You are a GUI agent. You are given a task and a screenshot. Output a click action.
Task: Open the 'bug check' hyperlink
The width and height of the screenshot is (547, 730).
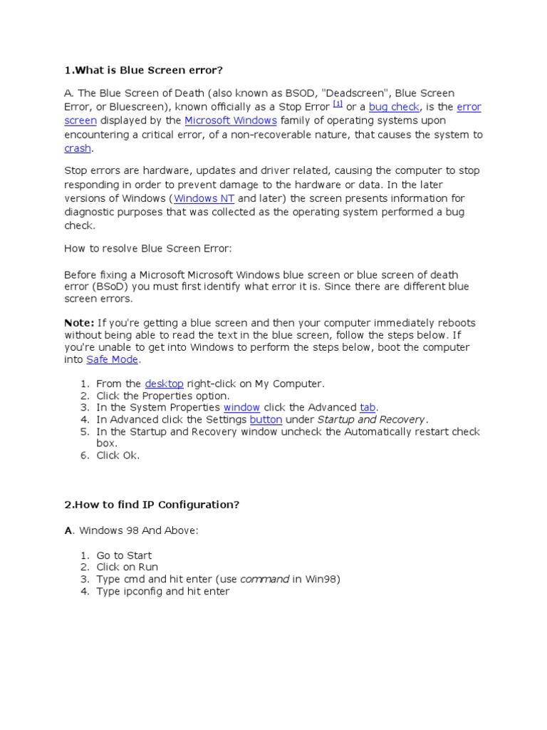click(394, 107)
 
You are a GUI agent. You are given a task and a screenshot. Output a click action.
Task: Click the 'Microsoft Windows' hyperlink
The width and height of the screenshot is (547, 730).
click(231, 120)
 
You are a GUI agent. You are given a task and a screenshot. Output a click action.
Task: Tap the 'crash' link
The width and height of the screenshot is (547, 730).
click(78, 148)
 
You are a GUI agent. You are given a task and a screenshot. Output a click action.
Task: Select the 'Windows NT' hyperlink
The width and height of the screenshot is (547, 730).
click(204, 198)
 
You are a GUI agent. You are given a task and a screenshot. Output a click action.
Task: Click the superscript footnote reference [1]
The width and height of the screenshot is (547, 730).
click(338, 103)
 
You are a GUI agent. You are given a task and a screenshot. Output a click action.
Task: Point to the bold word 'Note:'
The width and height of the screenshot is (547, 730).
click(79, 323)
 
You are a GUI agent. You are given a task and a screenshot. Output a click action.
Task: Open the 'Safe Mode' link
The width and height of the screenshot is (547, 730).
click(112, 360)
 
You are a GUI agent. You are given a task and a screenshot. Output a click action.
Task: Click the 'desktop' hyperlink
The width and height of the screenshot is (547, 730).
click(164, 384)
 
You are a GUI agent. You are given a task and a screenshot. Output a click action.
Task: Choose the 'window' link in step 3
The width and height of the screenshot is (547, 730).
click(241, 407)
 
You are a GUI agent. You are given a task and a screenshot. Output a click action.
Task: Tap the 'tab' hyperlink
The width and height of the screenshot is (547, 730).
click(368, 407)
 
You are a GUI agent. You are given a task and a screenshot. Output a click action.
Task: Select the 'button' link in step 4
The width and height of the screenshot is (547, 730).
click(266, 419)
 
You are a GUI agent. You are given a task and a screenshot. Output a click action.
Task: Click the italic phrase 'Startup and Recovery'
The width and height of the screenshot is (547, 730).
click(371, 419)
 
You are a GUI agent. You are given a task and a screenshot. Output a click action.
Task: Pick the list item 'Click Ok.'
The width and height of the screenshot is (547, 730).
click(118, 456)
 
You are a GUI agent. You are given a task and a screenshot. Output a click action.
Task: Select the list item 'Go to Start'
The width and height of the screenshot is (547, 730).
click(124, 555)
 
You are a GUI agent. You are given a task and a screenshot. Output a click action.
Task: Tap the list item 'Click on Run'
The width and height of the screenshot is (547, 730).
click(127, 567)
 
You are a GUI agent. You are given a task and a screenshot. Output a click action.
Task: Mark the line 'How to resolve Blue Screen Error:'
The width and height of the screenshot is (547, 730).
click(148, 249)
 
